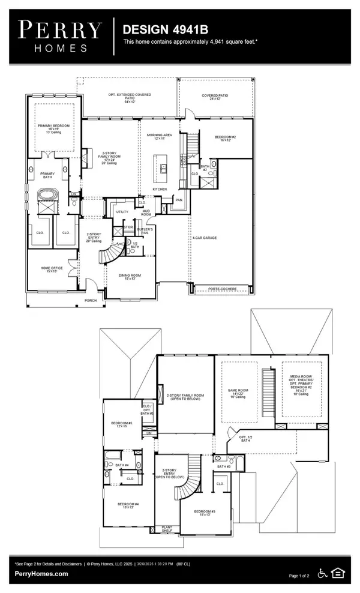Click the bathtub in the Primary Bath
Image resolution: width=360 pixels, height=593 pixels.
[x=46, y=195]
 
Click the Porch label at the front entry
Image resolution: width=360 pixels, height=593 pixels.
[x=90, y=301]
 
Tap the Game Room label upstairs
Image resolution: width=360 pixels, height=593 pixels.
[x=238, y=391]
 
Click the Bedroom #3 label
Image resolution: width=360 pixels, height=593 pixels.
[x=206, y=513]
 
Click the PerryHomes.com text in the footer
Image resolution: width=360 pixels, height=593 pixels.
[x=42, y=574]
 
